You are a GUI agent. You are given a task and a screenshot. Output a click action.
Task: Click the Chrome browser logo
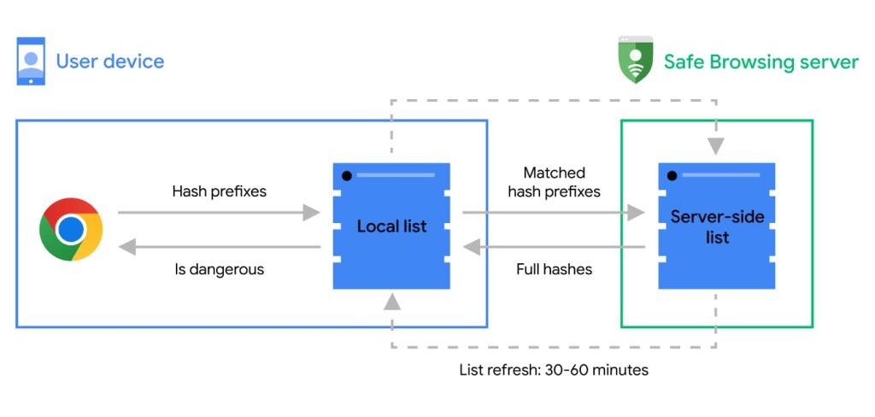click(x=71, y=229)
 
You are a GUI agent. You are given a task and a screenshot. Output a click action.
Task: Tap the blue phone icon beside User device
click(x=31, y=62)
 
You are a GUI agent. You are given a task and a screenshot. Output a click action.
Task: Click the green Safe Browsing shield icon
click(x=635, y=61)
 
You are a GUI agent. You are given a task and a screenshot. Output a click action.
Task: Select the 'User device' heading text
click(x=109, y=62)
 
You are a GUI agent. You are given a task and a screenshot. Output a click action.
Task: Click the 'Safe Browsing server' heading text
click(x=760, y=62)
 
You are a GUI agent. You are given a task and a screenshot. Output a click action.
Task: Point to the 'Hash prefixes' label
click(x=219, y=191)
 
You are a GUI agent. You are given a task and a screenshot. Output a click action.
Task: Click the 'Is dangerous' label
click(x=219, y=269)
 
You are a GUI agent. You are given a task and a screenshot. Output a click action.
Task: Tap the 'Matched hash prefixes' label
click(x=554, y=183)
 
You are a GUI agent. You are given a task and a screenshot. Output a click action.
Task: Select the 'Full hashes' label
click(x=554, y=269)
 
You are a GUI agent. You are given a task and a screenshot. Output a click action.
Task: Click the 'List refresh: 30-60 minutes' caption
click(x=554, y=370)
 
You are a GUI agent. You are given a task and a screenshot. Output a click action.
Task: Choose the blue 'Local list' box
click(x=391, y=226)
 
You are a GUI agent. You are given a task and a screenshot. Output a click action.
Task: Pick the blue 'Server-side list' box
click(x=717, y=226)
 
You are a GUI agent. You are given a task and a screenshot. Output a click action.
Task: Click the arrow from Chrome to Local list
click(x=219, y=213)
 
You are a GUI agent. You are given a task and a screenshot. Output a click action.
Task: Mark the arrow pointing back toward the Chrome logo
click(x=219, y=248)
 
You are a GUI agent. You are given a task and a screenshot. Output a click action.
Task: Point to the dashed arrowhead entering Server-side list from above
click(x=716, y=146)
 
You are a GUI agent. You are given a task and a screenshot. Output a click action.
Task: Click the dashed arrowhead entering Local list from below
click(x=391, y=301)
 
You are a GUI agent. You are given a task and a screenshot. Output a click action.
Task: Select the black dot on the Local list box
click(x=346, y=176)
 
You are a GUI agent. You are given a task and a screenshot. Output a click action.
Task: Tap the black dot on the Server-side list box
click(x=672, y=176)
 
